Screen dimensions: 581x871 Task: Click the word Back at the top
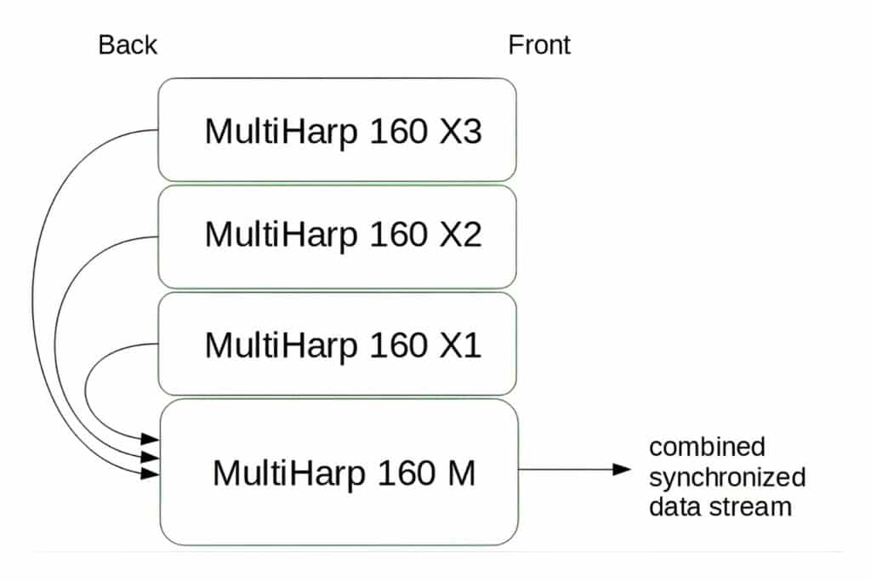(x=128, y=45)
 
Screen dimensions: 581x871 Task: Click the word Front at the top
(x=539, y=45)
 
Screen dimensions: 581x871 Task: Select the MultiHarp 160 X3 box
(x=338, y=129)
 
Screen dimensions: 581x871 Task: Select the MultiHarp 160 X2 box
(x=338, y=236)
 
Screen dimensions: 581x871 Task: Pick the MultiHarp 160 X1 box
(x=338, y=344)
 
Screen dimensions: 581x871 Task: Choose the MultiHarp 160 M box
(x=339, y=471)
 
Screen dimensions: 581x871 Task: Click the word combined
(x=707, y=447)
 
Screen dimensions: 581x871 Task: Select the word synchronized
(x=726, y=476)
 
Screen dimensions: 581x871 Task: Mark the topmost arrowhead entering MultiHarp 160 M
(x=151, y=439)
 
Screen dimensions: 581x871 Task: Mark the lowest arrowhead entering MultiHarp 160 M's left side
(x=151, y=472)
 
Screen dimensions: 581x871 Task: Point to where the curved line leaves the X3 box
(x=158, y=130)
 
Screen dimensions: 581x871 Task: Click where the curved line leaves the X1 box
(x=158, y=344)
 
